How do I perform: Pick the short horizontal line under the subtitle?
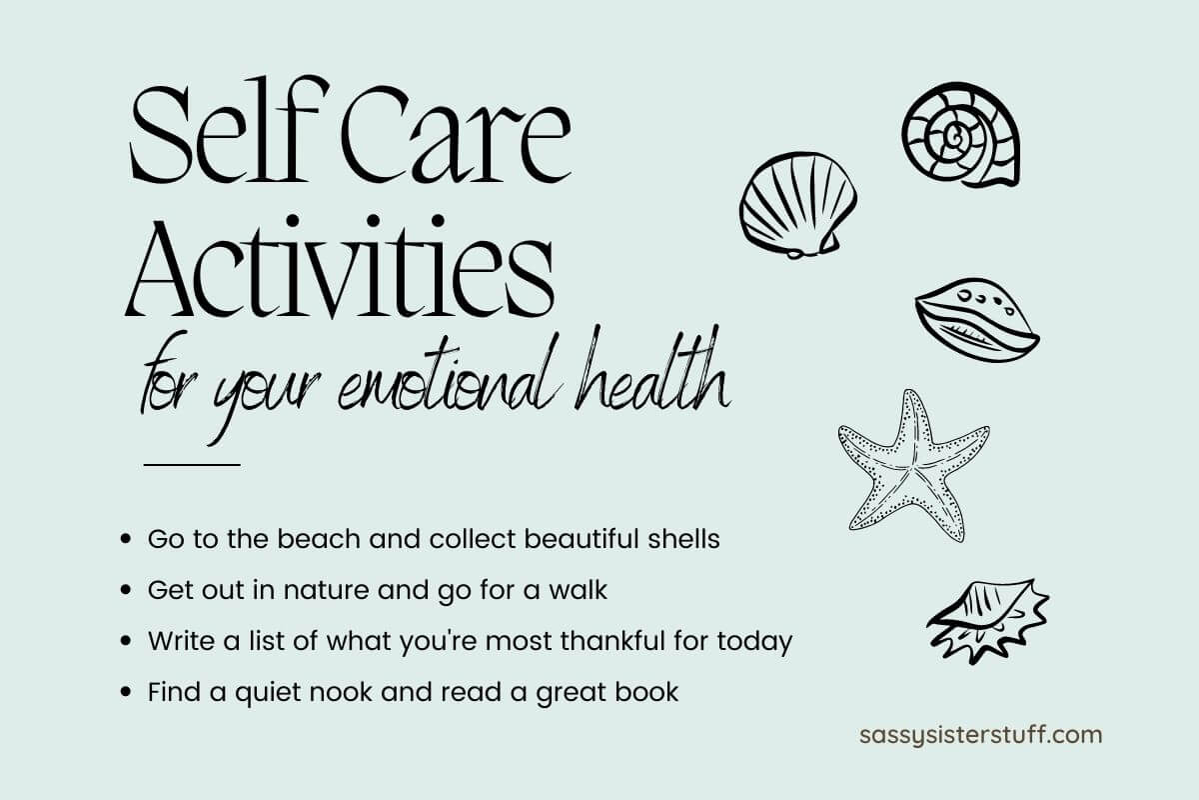click(x=192, y=464)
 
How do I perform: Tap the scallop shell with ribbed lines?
click(x=796, y=206)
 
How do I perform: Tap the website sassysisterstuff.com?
click(x=980, y=735)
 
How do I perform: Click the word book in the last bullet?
click(x=648, y=692)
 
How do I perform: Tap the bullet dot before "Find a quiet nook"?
click(x=126, y=692)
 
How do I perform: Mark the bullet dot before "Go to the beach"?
click(x=126, y=540)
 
